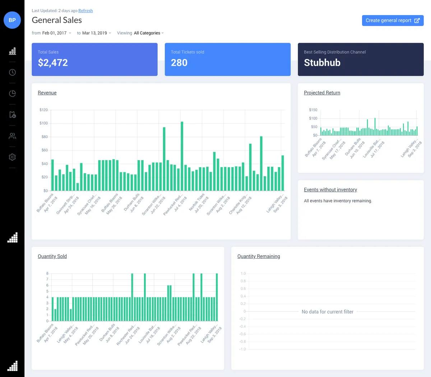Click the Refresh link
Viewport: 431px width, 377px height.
85,11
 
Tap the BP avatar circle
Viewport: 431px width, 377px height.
12,20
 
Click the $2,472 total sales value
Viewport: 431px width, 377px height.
53,63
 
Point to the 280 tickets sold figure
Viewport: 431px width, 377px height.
179,63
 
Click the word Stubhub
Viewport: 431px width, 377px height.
322,63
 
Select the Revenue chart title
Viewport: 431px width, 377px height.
47,93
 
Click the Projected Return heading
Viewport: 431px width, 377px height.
322,93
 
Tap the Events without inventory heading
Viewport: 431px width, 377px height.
330,190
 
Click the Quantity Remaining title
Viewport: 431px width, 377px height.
258,256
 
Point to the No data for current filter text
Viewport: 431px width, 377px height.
327,312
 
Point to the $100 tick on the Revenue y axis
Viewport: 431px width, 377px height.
43,123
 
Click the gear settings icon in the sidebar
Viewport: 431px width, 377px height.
12,157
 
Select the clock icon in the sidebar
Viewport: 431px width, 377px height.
12,72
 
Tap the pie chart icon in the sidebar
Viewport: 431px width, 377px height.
12,94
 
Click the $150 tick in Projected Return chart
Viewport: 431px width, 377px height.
313,110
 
